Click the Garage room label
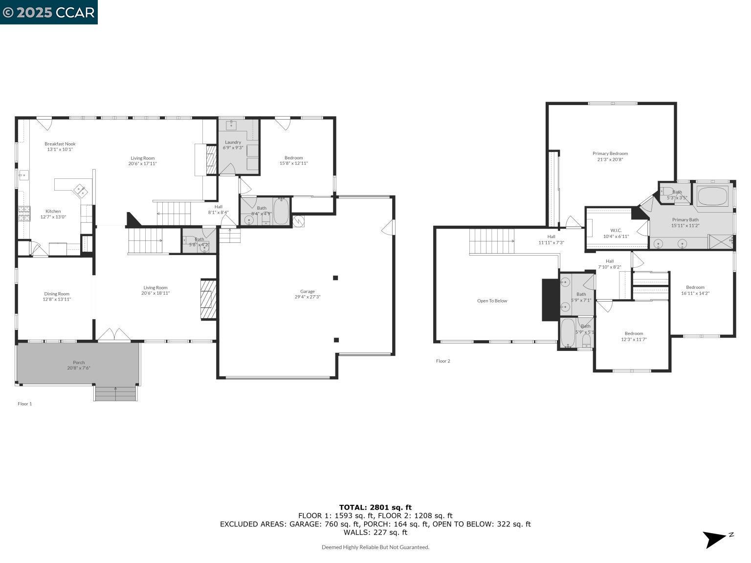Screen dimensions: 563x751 coord(307,294)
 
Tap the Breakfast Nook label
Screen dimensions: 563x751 coord(60,147)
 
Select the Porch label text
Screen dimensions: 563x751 coord(79,365)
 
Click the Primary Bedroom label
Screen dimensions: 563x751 coord(610,156)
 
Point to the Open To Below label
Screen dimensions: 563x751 coord(492,301)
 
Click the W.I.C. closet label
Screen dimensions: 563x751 coord(616,233)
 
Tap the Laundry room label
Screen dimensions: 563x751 coord(233,145)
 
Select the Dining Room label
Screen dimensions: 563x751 coord(57,296)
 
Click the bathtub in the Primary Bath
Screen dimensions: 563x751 coord(712,196)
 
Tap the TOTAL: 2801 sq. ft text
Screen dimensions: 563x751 coord(375,507)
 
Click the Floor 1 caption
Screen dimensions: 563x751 coord(24,404)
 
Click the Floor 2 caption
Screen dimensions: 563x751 coord(443,361)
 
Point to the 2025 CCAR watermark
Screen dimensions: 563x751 coord(48,12)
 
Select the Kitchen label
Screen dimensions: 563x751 coord(53,214)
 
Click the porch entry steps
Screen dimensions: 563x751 coord(115,393)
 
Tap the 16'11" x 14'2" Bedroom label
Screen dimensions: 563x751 coord(695,290)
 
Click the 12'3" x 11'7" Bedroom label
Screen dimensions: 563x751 coord(634,336)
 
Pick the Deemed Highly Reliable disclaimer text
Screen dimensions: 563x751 coord(375,547)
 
